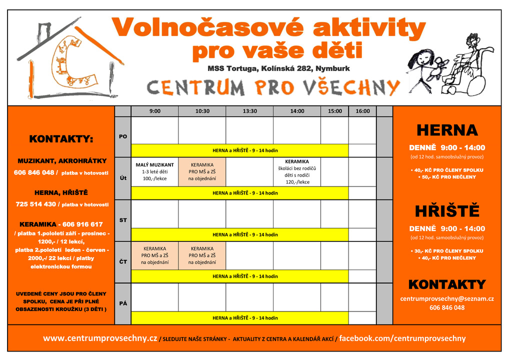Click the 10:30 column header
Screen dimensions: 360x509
coord(202,111)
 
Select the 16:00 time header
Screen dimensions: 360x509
coord(362,111)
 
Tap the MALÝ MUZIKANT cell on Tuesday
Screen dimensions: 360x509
coord(154,171)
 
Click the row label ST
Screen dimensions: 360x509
coord(123,220)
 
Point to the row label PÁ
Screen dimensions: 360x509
coord(123,303)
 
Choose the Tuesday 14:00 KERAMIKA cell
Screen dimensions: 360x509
coord(297,171)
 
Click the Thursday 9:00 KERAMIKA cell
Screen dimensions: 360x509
coord(154,255)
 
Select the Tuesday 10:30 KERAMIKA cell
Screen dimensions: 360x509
coord(202,171)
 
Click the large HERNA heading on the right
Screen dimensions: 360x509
coord(447,130)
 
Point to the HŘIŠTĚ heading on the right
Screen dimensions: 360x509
coord(447,210)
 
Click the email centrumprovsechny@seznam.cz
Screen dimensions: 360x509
coord(447,298)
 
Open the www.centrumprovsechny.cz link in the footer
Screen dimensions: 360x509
coord(100,338)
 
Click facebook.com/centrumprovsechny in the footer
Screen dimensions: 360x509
coord(402,338)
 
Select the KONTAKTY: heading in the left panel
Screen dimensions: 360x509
coord(61,138)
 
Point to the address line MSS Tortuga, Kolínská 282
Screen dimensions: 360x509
coord(278,68)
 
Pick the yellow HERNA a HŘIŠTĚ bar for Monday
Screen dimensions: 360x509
coord(239,150)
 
